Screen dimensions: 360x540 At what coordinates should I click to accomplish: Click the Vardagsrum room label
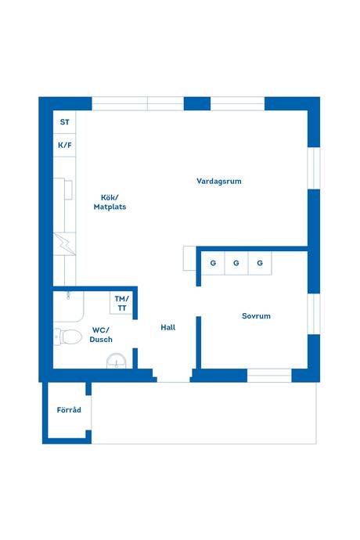pos(219,181)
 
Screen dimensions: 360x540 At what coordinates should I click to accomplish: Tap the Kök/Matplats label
pos(110,202)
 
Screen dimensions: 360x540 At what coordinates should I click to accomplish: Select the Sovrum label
pos(256,316)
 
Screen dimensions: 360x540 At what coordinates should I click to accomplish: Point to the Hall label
pos(168,327)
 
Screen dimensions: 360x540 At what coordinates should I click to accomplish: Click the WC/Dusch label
pos(101,335)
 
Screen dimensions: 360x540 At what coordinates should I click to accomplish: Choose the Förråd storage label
pos(69,410)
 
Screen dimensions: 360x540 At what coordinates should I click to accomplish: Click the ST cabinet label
pos(65,122)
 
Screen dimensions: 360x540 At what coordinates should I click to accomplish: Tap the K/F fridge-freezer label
pos(65,146)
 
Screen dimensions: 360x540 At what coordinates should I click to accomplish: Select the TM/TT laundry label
pos(121,304)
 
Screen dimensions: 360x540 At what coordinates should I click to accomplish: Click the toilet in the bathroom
pos(68,337)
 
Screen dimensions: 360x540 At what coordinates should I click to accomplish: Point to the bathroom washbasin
pos(117,362)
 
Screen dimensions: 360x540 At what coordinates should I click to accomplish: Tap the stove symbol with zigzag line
pos(64,244)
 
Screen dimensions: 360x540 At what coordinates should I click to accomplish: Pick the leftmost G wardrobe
pos(213,263)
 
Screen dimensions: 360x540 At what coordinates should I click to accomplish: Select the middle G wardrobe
pos(236,263)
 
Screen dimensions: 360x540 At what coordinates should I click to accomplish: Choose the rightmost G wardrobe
pos(260,263)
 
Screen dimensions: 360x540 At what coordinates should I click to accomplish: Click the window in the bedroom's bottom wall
pos(269,376)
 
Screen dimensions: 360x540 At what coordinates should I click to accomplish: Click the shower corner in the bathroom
pos(69,307)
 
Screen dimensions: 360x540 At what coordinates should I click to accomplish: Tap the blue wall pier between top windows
pos(197,103)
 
